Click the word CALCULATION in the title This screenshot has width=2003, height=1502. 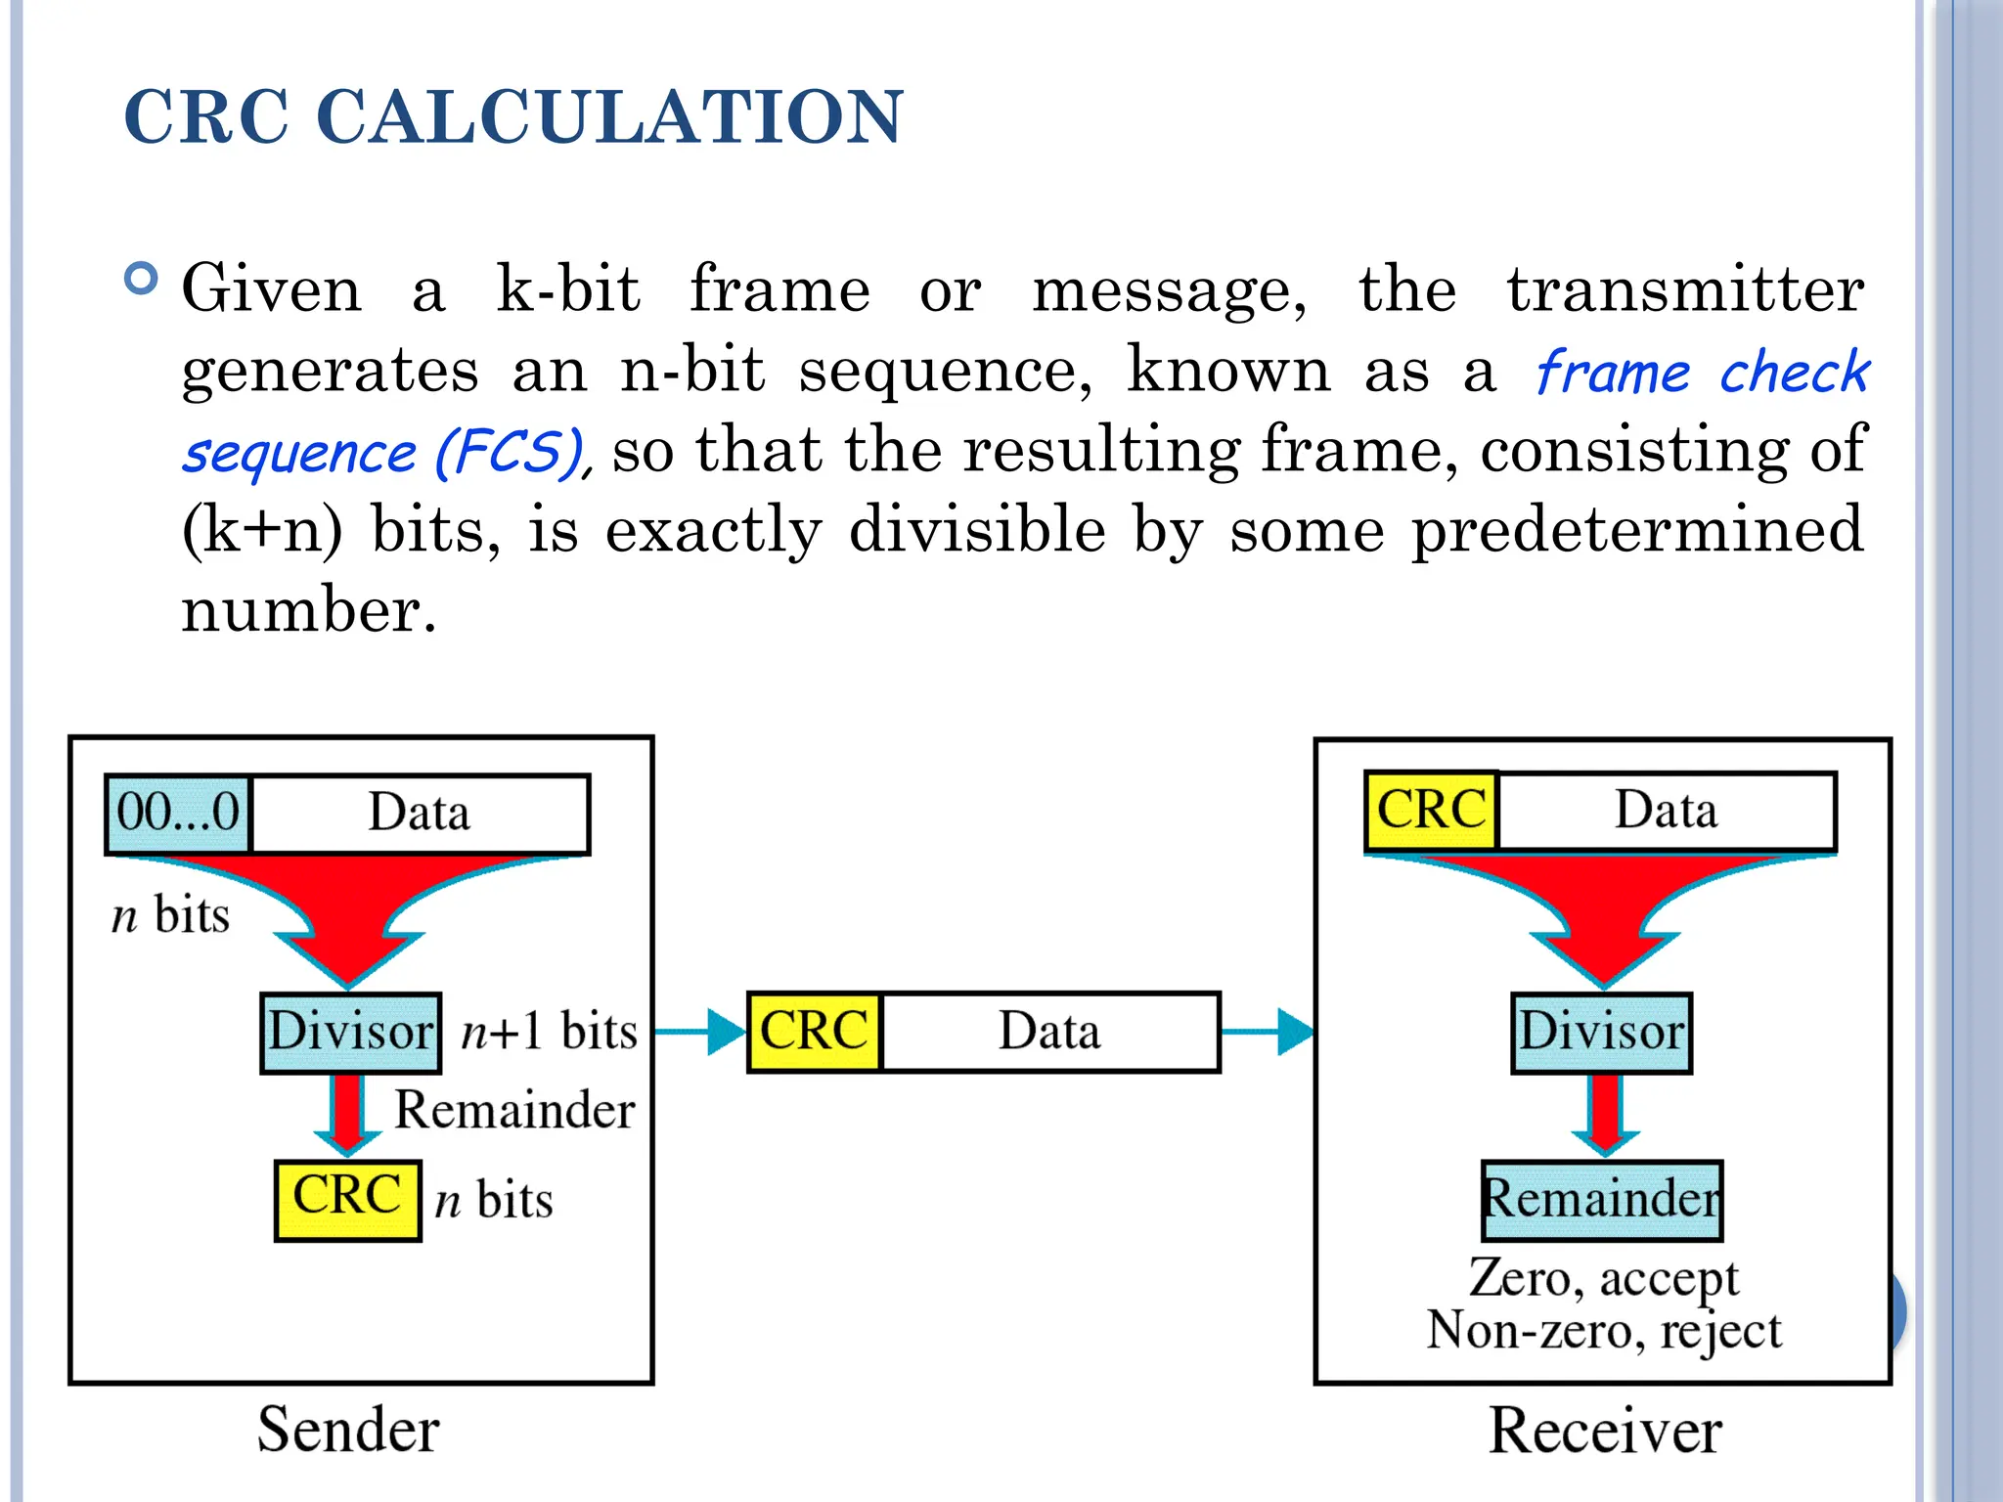coord(608,117)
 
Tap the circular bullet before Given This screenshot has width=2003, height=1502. coord(143,280)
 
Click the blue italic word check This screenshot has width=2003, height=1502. coord(1794,373)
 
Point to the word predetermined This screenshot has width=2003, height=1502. coord(1637,530)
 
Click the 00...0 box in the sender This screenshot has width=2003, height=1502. coord(178,814)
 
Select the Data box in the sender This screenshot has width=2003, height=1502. coord(420,814)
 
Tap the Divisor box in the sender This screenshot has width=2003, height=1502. coord(350,1033)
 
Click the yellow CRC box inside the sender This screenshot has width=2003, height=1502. coord(347,1199)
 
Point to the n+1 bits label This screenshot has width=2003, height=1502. coord(549,1033)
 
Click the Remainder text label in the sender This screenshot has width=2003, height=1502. coord(514,1111)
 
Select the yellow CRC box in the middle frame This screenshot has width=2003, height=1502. coord(814,1033)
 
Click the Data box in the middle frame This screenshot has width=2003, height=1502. coord(1049,1033)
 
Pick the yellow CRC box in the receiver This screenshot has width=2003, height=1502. coord(1431,811)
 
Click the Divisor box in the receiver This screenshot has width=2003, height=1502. coord(1601,1033)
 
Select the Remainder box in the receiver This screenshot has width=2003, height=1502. coord(1601,1199)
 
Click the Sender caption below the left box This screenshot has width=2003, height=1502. coord(348,1431)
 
